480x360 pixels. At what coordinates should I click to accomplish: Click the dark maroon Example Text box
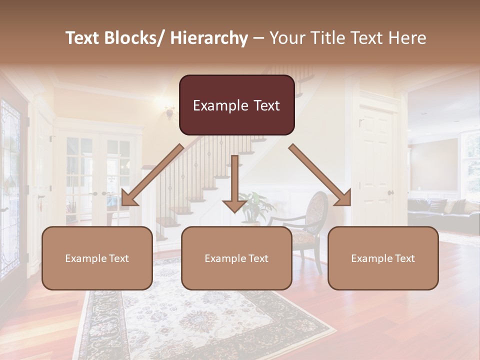pyautogui.click(x=236, y=105)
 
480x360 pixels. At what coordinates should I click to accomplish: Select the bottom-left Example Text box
pyautogui.click(x=97, y=258)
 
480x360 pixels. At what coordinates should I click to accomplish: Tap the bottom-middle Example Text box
pyautogui.click(x=236, y=258)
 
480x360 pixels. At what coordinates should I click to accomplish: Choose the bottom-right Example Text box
pyautogui.click(x=383, y=258)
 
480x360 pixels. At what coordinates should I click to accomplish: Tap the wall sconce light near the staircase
pyautogui.click(x=170, y=113)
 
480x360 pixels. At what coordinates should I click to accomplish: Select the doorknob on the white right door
pyautogui.click(x=389, y=193)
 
